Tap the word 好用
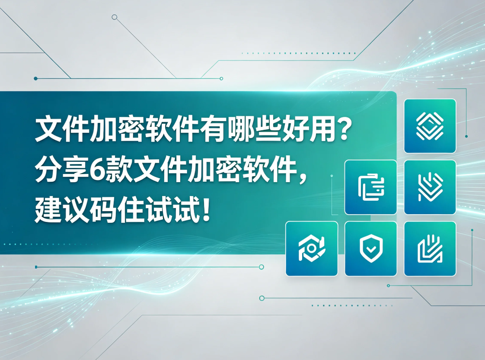[x=308, y=129]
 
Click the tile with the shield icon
[x=370, y=248]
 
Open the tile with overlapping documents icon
[x=370, y=187]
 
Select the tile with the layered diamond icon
[x=430, y=126]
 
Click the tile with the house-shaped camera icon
[x=312, y=248]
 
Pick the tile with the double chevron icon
[x=430, y=187]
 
